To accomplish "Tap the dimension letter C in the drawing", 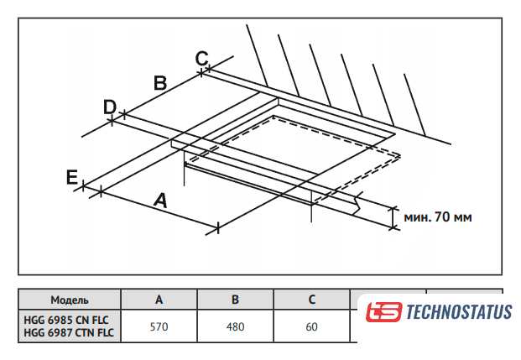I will click(201, 58).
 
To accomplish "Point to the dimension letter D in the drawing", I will click(109, 107).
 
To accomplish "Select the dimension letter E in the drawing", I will click(72, 176).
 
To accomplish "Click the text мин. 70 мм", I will click(438, 217).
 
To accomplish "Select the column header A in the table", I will click(159, 300).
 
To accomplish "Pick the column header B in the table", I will click(235, 300).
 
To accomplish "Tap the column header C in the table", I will click(311, 300).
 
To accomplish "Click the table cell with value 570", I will click(159, 326).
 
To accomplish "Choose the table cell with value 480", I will click(235, 326).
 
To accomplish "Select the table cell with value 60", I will click(311, 326).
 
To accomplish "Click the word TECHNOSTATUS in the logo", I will click(458, 313).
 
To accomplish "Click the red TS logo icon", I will click(383, 313).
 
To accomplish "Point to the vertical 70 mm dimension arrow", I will click(393, 216).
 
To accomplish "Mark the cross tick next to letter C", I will click(203, 72).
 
